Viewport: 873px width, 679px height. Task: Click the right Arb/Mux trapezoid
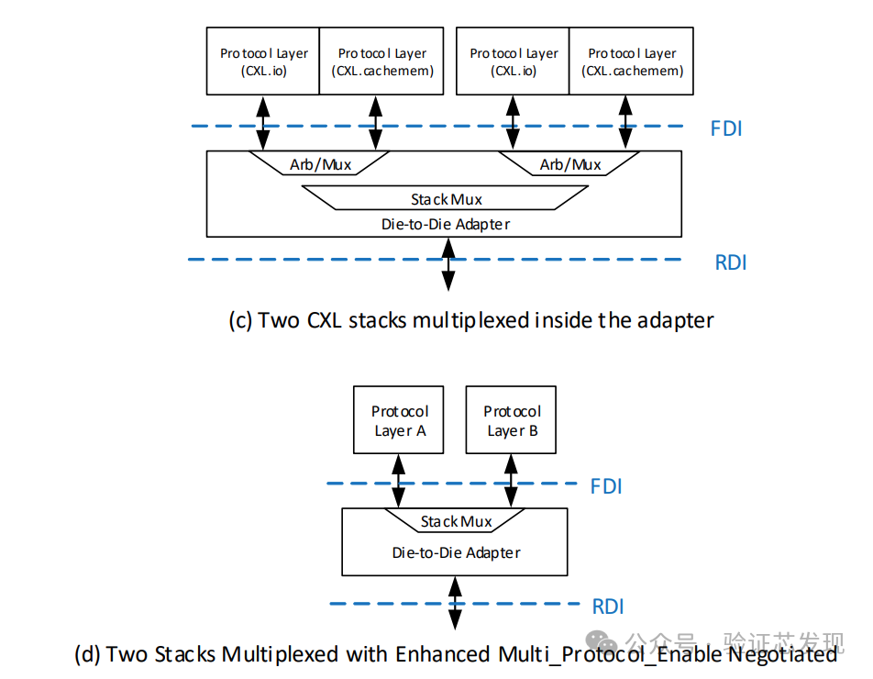click(570, 164)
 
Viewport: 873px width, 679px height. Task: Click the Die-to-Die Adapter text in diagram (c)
click(446, 223)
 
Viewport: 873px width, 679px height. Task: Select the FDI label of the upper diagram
click(726, 128)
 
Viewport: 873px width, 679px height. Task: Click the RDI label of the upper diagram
click(731, 262)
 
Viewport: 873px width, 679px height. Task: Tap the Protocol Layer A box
click(399, 420)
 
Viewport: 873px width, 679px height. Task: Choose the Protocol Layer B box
click(512, 420)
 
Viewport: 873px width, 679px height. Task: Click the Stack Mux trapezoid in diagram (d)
click(456, 521)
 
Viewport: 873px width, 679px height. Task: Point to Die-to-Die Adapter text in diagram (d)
click(456, 552)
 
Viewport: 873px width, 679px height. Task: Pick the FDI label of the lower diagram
click(606, 486)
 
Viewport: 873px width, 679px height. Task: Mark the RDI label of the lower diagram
click(608, 607)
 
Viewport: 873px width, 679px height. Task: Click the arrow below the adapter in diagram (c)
click(448, 264)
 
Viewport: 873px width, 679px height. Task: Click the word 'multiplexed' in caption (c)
click(479, 320)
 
